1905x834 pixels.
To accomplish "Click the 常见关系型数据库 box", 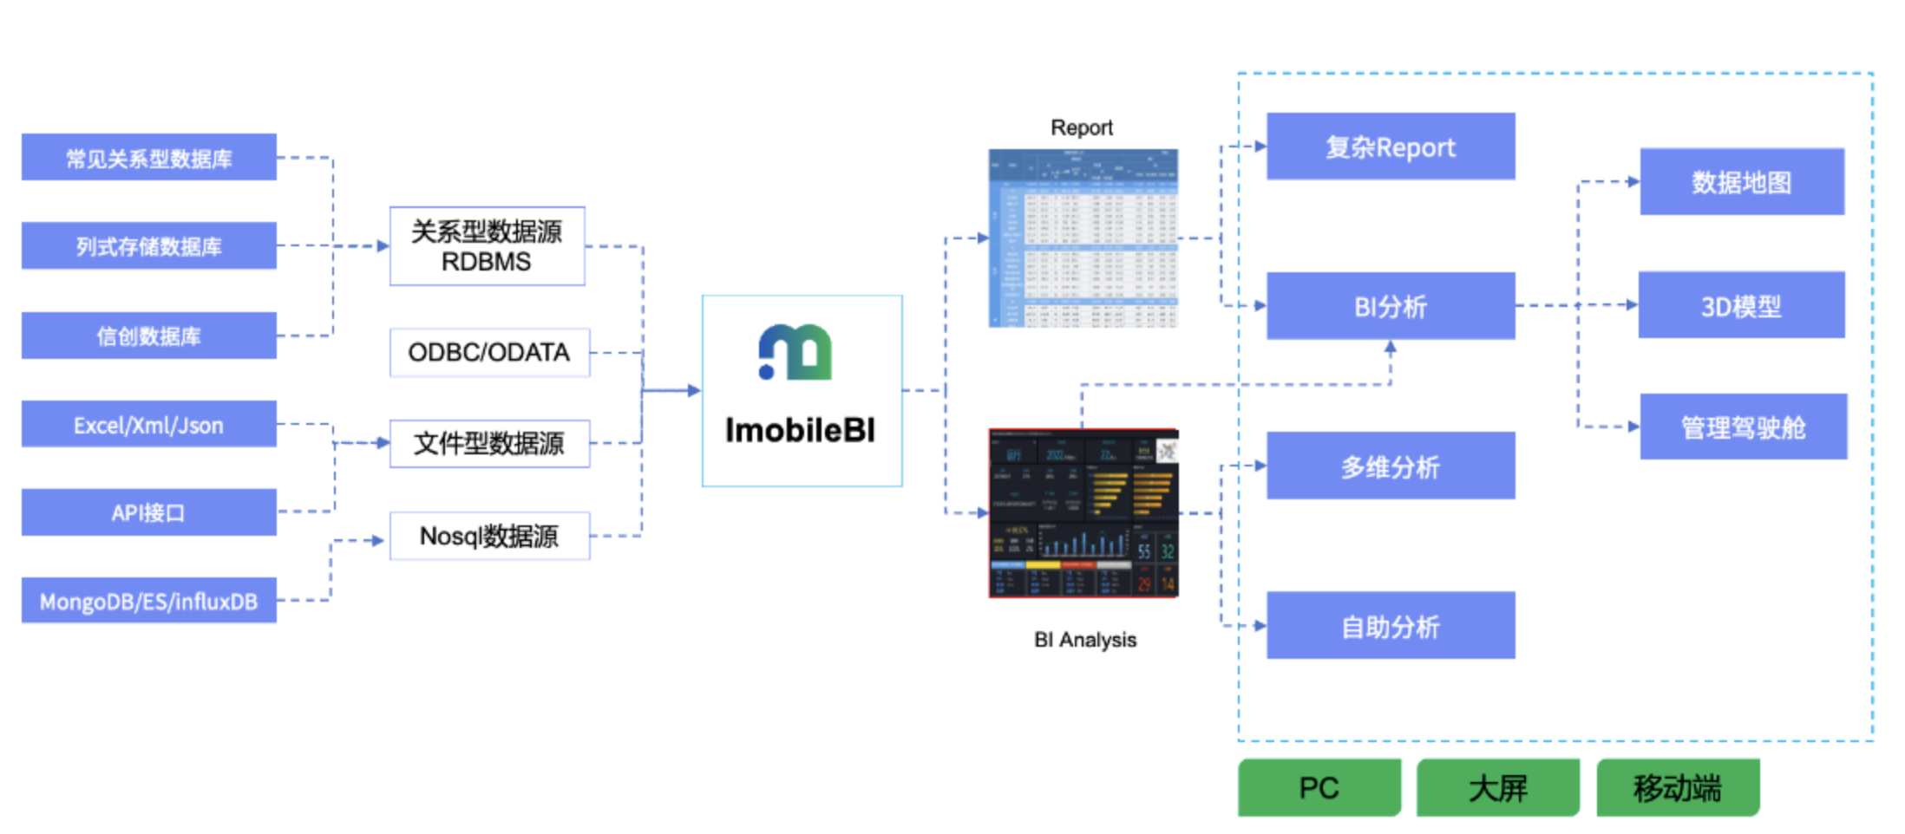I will pos(148,157).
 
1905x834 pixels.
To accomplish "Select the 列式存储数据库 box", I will pos(148,245).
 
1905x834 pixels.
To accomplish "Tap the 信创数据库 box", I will pos(148,336).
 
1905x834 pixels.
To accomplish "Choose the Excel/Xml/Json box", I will pos(148,424).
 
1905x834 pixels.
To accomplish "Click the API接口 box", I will pos(148,512).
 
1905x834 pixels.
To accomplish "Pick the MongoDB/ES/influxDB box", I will pos(148,601).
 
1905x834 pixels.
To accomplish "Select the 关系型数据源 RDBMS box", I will pos(487,246).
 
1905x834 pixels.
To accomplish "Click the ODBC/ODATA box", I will pos(489,352).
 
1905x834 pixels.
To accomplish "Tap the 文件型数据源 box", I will pos(489,443).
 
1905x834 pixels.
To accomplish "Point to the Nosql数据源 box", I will pos(489,536).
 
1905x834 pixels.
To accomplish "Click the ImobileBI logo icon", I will pos(795,352).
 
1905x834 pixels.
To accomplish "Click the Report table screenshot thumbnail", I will pos(1083,238).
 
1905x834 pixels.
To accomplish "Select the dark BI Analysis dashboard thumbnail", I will pos(1083,512).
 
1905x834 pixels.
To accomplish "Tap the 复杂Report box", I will pos(1390,147).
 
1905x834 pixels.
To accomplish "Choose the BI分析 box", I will pos(1390,306).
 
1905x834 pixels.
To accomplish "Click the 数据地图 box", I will pos(1741,181).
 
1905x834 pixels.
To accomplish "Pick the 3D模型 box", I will pos(1741,305).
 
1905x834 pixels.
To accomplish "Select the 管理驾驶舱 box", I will pos(1743,427).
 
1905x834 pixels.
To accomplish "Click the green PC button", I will pos(1319,787).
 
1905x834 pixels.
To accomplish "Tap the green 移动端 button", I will pos(1677,787).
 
